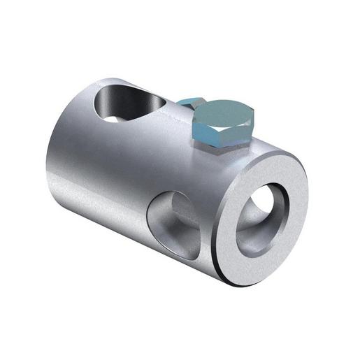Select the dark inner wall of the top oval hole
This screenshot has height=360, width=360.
(x=112, y=105)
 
